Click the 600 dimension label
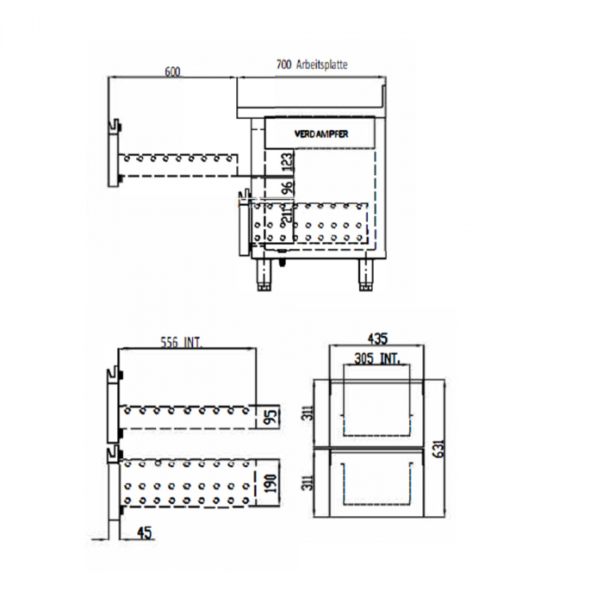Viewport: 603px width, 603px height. [x=172, y=71]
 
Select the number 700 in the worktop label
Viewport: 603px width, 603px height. [x=283, y=64]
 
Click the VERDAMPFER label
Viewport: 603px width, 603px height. [x=320, y=134]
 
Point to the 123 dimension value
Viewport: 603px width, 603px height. [x=288, y=160]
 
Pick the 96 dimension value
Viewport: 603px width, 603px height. [x=288, y=187]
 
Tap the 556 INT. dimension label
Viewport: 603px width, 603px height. [x=181, y=342]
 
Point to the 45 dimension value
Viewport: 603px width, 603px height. [x=144, y=534]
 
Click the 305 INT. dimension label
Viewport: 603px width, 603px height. [x=376, y=358]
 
